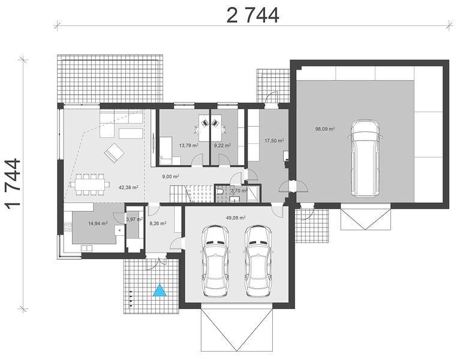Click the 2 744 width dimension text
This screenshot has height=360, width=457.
252,16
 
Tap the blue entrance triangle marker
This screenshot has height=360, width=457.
160,290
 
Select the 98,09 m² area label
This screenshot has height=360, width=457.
324,128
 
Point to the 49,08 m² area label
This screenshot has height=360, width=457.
236,217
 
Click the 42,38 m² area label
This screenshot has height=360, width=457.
128,188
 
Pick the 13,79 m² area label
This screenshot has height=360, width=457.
189,145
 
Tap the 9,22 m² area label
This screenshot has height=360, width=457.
223,145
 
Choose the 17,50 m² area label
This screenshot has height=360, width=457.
274,140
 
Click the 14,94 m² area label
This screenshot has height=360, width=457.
98,224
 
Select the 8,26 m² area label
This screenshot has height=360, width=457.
158,224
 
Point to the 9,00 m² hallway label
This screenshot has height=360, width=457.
170,176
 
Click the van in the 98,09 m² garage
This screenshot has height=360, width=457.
365,159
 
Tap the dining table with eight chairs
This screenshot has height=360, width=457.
90,184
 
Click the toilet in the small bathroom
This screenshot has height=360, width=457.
221,191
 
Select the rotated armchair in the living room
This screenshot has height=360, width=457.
115,152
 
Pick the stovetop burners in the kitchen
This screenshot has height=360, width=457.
68,227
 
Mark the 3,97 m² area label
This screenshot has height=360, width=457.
134,219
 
